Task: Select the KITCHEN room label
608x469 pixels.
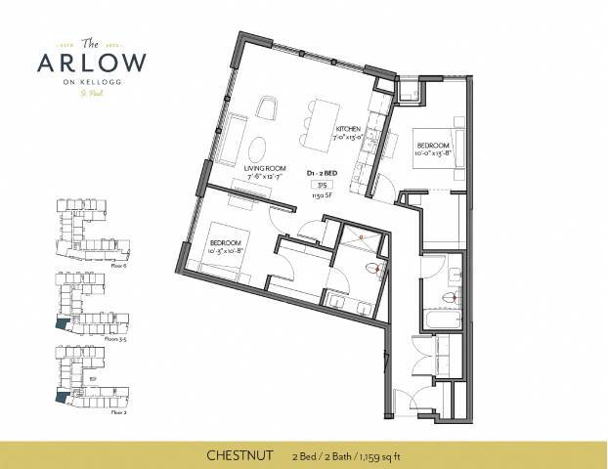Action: coord(349,129)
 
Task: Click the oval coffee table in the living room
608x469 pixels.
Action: coord(256,148)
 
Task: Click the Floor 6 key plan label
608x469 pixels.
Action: coord(92,265)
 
